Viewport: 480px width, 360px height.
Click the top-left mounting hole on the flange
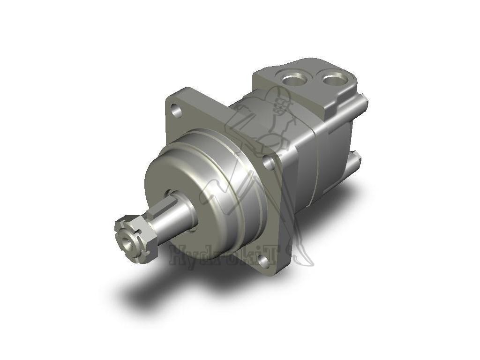[x=176, y=112]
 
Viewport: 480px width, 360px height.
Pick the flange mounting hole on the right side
[x=269, y=163]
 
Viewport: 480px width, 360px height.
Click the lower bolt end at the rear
[x=357, y=159]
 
